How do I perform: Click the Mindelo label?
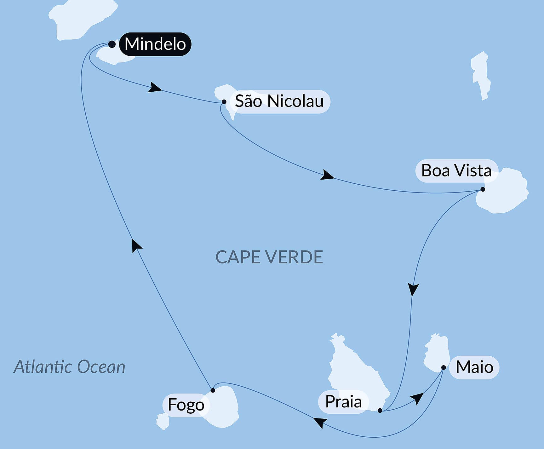point(155,44)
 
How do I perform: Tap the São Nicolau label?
point(279,101)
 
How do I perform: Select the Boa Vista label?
point(456,171)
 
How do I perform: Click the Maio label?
point(474,367)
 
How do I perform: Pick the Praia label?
point(343,402)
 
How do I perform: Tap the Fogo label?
point(186,405)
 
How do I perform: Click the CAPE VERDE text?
point(269,257)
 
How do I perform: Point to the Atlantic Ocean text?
point(69,367)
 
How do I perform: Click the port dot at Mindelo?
point(112,44)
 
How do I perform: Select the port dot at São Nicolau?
point(224,102)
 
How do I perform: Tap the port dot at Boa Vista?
point(483,189)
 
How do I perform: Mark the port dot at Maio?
point(444,367)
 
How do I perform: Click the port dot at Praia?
point(380,411)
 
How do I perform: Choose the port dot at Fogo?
point(213,390)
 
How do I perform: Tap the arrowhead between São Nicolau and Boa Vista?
point(327,175)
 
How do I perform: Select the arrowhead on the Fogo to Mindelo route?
point(136,245)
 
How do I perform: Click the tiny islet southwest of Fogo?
point(163,421)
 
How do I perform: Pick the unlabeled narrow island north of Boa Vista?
point(480,76)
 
